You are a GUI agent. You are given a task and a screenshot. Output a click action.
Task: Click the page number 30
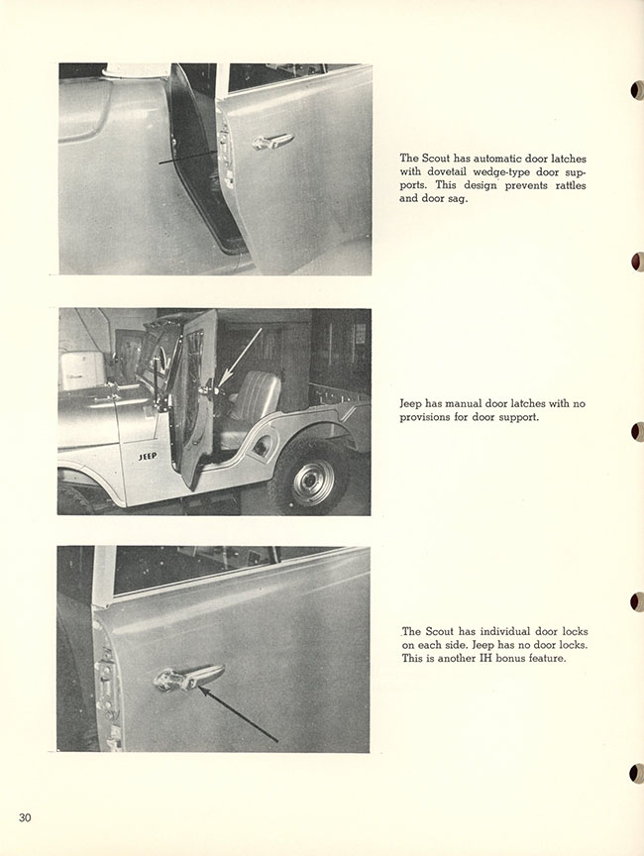(25, 817)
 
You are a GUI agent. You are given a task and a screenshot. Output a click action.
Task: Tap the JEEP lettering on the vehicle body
(148, 456)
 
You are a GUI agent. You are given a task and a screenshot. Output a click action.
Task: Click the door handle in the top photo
(272, 141)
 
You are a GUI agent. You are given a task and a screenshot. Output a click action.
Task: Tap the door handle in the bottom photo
(189, 677)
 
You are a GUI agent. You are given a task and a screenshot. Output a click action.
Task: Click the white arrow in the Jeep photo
(242, 358)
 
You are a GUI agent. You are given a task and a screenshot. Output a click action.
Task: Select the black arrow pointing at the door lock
(238, 714)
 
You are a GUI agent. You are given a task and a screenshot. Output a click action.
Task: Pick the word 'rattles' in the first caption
(571, 185)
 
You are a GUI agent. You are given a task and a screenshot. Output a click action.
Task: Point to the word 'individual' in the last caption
(505, 632)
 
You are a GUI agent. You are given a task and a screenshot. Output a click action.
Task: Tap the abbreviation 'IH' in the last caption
(484, 658)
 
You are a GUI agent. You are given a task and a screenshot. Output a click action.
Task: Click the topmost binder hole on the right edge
(636, 90)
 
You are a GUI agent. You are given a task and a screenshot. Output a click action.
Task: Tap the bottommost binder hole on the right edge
(636, 773)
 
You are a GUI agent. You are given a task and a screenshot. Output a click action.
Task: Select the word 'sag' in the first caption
(456, 199)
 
